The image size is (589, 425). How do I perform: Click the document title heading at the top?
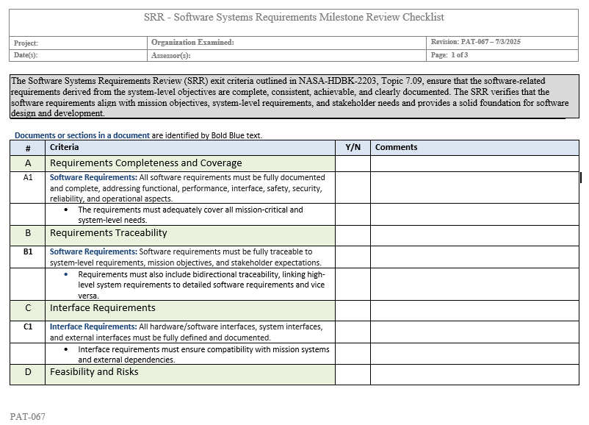pos(294,17)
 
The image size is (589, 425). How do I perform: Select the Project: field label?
pos(26,43)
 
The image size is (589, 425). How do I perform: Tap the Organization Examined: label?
pos(192,43)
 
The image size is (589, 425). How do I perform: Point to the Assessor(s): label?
pos(171,55)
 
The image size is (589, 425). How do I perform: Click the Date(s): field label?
pos(26,55)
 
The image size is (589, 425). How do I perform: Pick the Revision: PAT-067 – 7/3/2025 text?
pos(476,43)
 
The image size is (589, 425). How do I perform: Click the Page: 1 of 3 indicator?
pos(449,55)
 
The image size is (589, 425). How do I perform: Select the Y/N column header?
pos(353,147)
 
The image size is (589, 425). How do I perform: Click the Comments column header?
pos(396,147)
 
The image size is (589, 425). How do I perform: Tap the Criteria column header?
pos(64,147)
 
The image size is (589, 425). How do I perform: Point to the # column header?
pos(28,148)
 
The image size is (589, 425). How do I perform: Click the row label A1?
pos(28,177)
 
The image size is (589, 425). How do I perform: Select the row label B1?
pos(28,251)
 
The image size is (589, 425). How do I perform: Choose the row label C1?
pos(28,326)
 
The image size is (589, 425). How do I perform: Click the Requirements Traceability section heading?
pos(108,233)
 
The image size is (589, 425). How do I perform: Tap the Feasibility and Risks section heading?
pos(94,372)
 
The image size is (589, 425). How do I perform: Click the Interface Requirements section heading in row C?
pos(102,308)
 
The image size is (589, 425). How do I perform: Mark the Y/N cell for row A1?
pos(353,187)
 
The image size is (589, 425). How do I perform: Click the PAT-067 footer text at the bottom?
pos(28,417)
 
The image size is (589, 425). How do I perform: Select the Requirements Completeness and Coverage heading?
pos(145,163)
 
